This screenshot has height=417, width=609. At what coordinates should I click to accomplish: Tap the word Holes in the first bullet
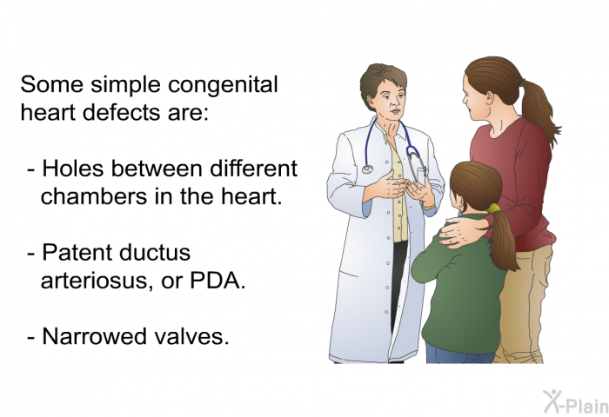coord(73,169)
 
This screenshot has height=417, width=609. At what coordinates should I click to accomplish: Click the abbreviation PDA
coord(217,281)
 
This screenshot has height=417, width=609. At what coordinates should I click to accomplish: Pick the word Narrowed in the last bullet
coord(94,336)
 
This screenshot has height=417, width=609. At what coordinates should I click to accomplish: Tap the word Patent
coord(77,252)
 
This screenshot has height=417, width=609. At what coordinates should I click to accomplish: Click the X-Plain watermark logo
coord(576,402)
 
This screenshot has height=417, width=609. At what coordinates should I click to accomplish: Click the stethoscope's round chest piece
coord(367,169)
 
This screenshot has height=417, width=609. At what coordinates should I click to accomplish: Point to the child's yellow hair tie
coord(493,208)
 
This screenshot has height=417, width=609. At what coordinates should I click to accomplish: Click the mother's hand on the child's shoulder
coord(461,232)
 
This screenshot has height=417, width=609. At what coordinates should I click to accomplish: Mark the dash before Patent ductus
coord(32,255)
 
